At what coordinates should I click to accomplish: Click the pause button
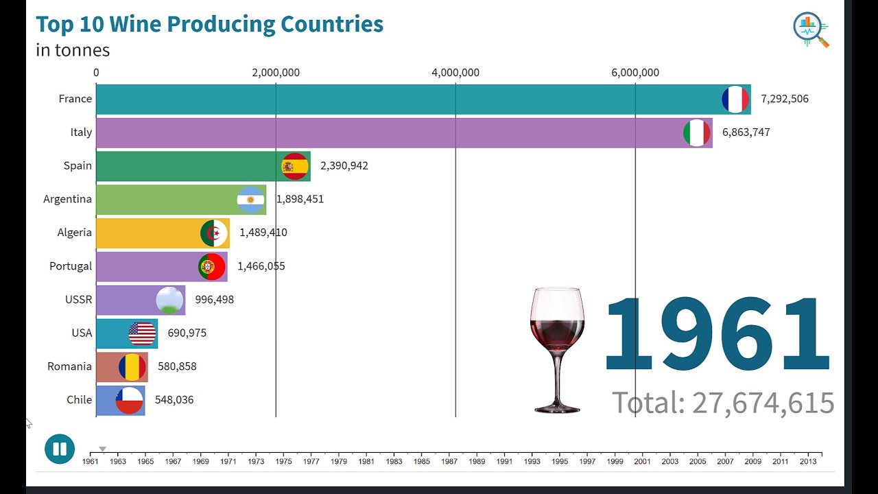click(60, 449)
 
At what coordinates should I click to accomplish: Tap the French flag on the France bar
click(735, 99)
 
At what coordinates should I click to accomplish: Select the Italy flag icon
click(697, 132)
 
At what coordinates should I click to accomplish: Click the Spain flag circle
click(295, 166)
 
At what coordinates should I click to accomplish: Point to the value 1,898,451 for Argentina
click(300, 199)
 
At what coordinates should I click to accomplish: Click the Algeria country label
click(74, 233)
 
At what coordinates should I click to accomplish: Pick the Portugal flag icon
click(212, 266)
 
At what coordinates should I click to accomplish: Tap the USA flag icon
click(142, 333)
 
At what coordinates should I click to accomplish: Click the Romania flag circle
click(132, 367)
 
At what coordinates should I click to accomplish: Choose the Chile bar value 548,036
click(174, 400)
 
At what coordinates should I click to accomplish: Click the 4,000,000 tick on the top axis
click(455, 73)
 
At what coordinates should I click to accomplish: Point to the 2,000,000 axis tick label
click(276, 73)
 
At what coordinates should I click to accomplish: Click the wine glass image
click(557, 350)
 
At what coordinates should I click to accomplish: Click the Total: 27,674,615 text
click(723, 403)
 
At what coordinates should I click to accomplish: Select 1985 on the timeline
click(422, 462)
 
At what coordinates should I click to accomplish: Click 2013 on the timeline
click(808, 462)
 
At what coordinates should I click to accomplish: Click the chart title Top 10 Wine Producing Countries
click(209, 24)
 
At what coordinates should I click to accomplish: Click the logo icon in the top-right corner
click(811, 30)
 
